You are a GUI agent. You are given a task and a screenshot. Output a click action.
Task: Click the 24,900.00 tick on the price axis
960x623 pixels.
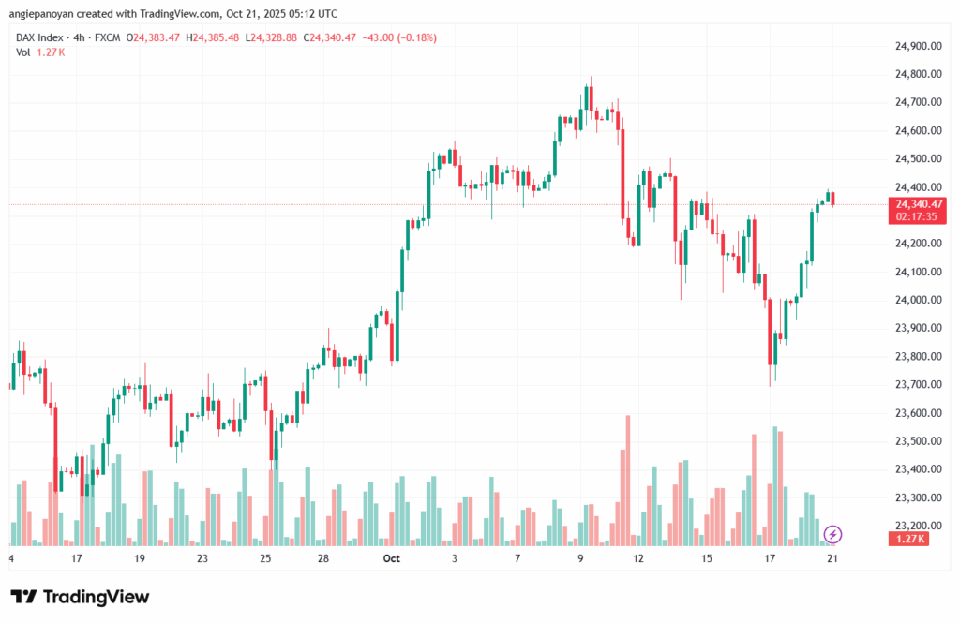(x=918, y=46)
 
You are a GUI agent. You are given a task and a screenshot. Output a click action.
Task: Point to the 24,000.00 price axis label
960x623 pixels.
(x=918, y=300)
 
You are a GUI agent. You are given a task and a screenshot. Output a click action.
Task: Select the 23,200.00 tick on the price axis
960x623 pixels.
(x=918, y=526)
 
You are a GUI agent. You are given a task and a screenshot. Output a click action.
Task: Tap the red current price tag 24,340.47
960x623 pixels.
(x=918, y=203)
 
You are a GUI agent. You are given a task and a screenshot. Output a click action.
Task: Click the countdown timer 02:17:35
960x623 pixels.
(x=918, y=215)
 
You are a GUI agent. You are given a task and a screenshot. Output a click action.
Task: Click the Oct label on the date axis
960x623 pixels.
(x=391, y=558)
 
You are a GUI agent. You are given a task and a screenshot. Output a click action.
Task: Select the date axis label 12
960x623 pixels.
(x=639, y=558)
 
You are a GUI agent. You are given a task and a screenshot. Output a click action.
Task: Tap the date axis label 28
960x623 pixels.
(x=322, y=558)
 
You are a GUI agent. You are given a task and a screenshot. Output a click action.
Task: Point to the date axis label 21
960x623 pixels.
(x=831, y=558)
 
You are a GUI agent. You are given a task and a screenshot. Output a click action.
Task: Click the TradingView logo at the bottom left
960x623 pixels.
(x=80, y=597)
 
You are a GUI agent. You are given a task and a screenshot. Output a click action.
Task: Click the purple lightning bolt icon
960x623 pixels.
(x=832, y=534)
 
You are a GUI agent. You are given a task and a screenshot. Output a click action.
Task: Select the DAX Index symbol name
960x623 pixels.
(x=40, y=37)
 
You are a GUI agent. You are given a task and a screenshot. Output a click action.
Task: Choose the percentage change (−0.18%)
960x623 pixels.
(x=414, y=37)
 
